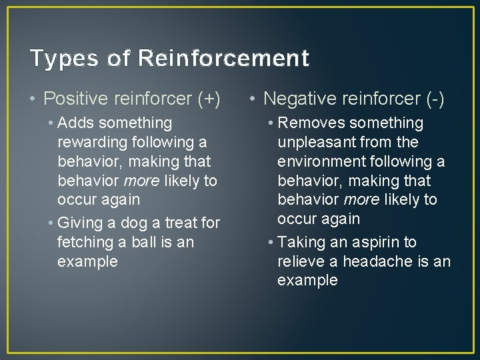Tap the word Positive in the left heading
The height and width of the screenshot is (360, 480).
tap(76, 99)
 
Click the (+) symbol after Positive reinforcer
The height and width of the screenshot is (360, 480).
tap(209, 99)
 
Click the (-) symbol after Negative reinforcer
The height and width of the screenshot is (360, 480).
tap(435, 99)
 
